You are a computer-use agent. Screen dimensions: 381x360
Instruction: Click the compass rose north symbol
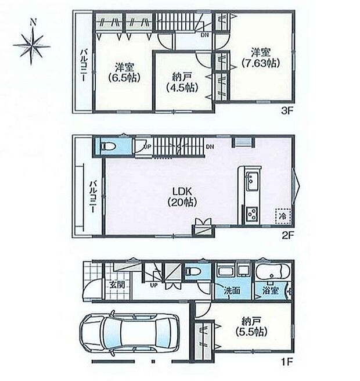pos(33,42)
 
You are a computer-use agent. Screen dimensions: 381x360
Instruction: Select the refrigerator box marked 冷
pos(282,215)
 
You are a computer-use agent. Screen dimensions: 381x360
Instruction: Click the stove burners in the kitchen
pos(253,214)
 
